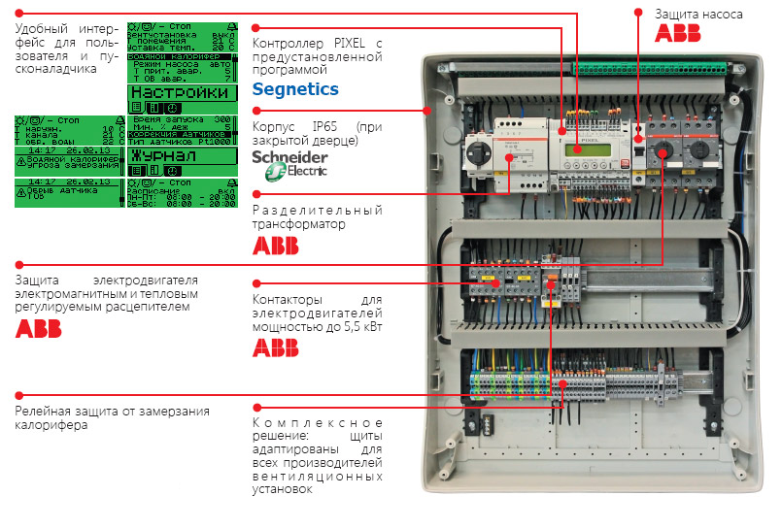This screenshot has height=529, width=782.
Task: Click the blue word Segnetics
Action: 295,89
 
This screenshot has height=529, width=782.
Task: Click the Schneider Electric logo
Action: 290,163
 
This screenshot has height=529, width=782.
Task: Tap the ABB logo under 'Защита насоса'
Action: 678,33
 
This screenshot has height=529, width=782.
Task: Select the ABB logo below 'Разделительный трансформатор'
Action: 276,246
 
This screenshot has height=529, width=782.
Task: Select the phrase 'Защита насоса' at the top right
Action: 698,15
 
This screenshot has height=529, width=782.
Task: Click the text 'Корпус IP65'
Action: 292,127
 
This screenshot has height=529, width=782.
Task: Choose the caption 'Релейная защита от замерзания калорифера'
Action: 112,418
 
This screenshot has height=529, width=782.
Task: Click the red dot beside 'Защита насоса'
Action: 638,14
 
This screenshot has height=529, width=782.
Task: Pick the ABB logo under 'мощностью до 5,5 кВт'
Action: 276,347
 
